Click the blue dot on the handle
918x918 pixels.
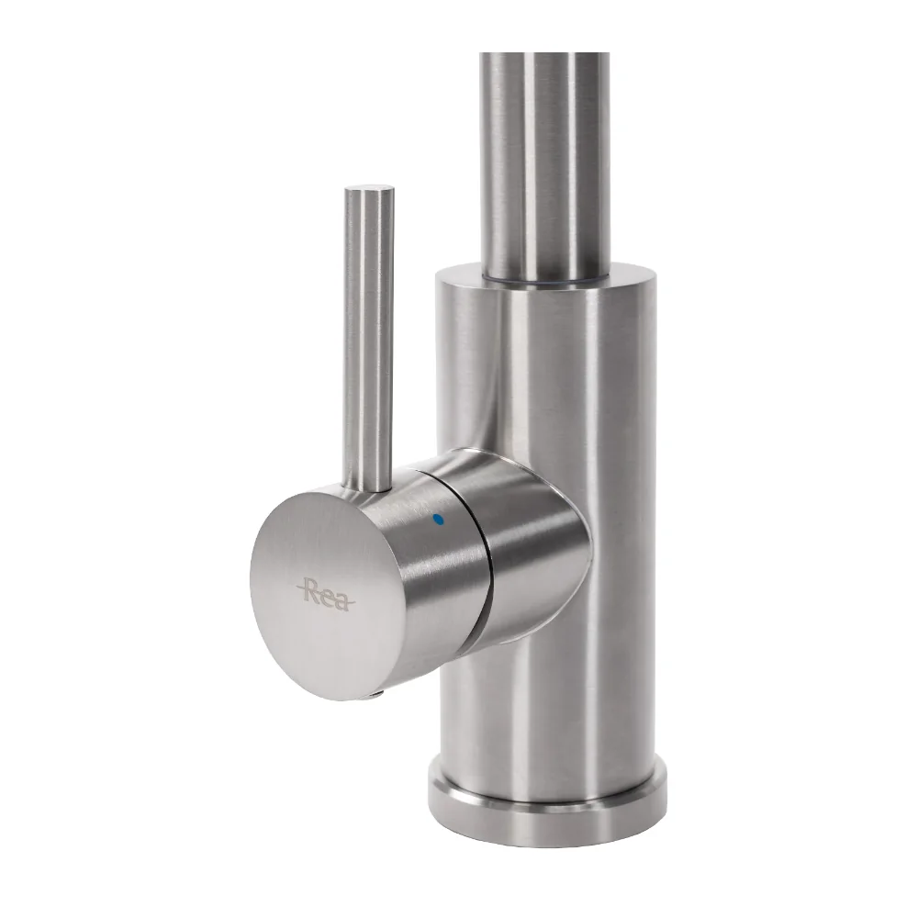point(438,519)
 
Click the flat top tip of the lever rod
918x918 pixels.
point(369,190)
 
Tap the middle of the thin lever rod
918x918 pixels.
point(368,340)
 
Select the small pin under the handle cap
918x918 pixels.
point(375,696)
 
